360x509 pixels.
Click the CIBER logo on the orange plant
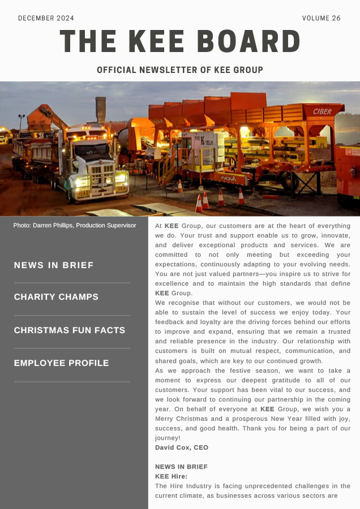[x=322, y=111]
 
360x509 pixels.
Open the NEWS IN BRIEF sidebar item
[x=54, y=265]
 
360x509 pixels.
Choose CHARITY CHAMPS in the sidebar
[x=56, y=297]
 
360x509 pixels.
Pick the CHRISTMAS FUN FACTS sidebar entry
[x=70, y=330]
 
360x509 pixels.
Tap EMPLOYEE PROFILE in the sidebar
[x=61, y=363]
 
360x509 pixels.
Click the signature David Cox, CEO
[x=182, y=447]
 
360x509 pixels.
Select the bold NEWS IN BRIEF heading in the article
[x=181, y=467]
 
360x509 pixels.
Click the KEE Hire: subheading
[x=171, y=476]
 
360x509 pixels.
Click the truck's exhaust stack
[x=101, y=111]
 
